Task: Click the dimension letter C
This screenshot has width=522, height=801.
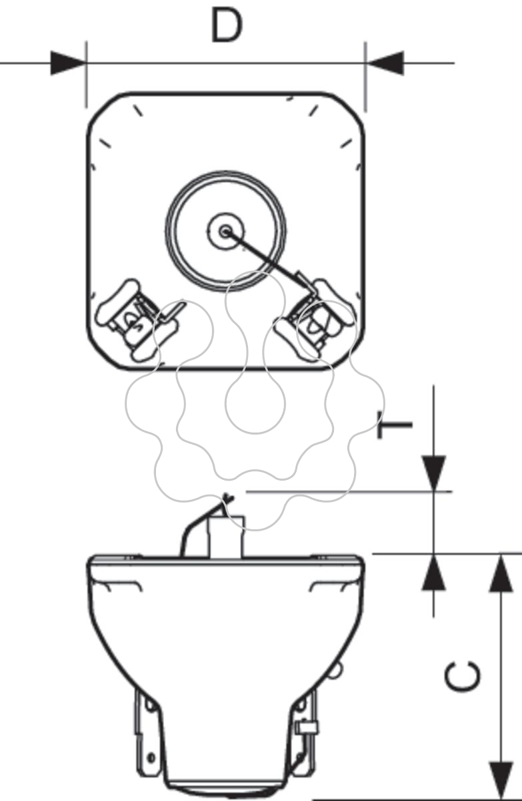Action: pos(463,677)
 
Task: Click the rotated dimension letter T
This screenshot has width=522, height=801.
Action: pos(395,425)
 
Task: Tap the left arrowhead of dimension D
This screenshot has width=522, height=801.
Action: pos(68,63)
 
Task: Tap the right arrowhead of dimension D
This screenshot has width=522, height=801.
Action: pos(385,63)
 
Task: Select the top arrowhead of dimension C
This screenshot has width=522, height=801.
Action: pos(501,573)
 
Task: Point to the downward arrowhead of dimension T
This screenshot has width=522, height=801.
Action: pos(433,473)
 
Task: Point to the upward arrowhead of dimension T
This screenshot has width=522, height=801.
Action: pos(433,572)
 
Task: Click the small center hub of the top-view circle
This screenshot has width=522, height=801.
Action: pos(225,232)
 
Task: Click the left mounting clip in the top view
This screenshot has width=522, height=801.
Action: pos(137,319)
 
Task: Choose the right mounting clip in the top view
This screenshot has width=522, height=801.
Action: pos(315,319)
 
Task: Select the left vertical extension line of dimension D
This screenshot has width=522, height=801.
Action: pos(86,74)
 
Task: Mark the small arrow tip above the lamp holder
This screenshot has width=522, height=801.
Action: pos(227,497)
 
